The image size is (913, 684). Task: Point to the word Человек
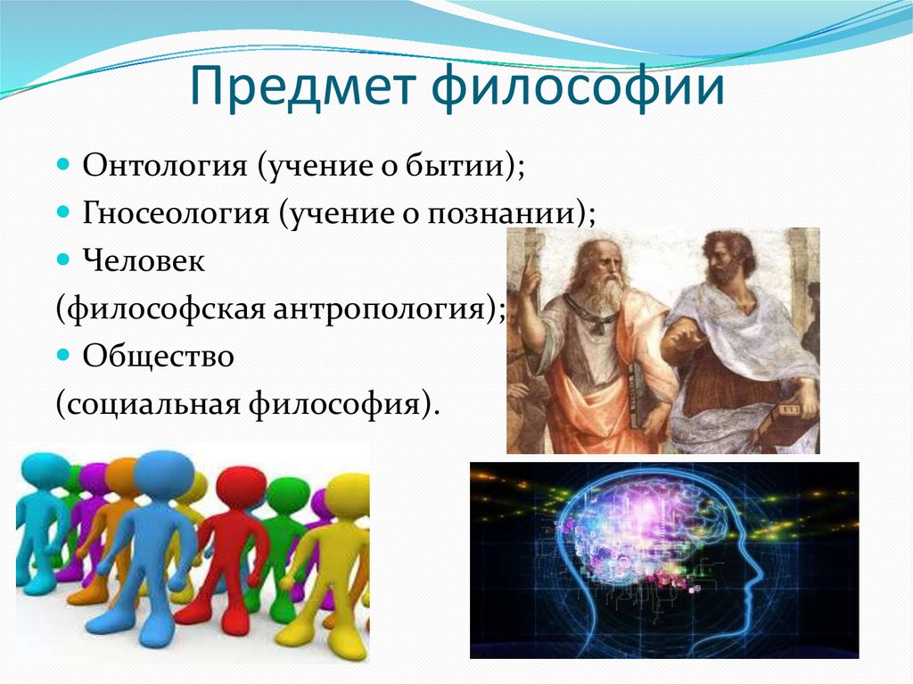coord(144,262)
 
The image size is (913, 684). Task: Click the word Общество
coord(158,357)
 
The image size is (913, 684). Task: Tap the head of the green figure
coord(288,495)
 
